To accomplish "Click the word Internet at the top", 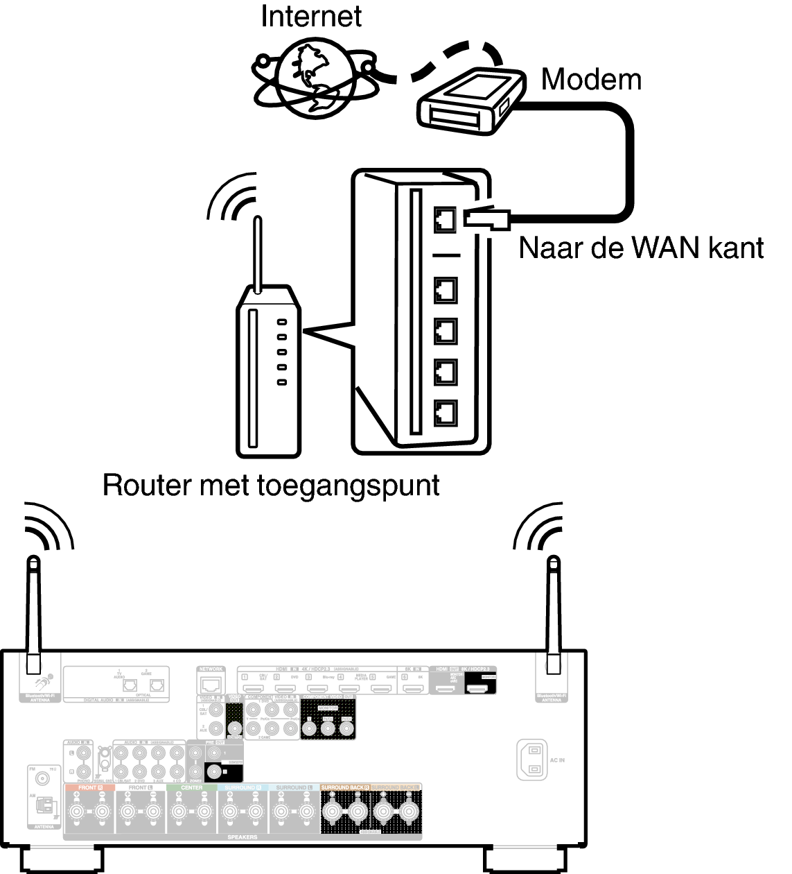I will (310, 17).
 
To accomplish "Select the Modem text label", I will (591, 80).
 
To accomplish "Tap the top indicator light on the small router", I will (281, 323).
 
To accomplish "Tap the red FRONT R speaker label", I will (89, 788).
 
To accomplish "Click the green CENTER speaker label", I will (192, 788).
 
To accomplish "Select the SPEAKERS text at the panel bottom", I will (242, 837).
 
